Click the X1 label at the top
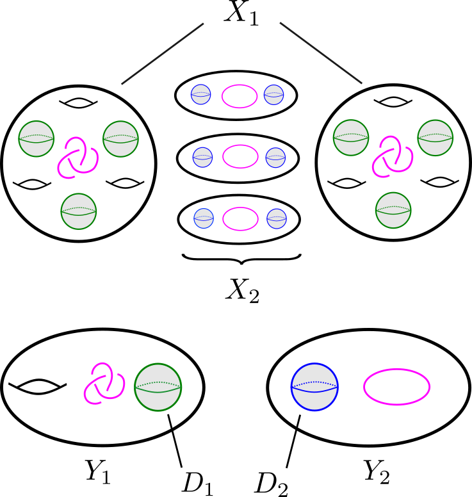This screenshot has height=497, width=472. pos(241,14)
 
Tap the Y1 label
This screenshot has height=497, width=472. pos(98,472)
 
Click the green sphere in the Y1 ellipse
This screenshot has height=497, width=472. pos(158,387)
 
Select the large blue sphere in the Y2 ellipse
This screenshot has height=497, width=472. pos(314,387)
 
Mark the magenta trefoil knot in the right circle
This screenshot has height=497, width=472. pos(393,156)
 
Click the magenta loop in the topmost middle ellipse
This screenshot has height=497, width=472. pos(240,96)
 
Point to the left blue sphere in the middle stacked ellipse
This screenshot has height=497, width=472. pos(202,156)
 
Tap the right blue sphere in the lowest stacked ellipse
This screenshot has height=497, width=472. pos(276,217)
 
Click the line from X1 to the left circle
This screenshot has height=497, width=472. pos(161,54)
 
